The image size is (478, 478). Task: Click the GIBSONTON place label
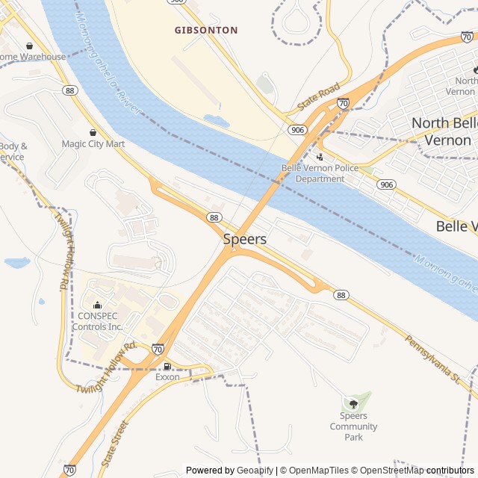coord(206,31)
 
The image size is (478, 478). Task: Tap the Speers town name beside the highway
coord(244,240)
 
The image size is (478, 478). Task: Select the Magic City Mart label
coord(93,144)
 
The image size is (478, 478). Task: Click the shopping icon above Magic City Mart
coord(93,132)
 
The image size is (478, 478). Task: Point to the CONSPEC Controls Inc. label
coord(99,321)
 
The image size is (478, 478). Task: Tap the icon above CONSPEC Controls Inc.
coord(97,305)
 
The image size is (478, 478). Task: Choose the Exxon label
coord(167,377)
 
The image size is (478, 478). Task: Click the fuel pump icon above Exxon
coord(167,366)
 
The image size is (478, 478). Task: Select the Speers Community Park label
coord(353,426)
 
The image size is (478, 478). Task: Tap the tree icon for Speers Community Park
coord(353,404)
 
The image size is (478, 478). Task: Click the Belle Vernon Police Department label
coord(320,173)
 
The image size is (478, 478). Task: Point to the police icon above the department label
coord(320,158)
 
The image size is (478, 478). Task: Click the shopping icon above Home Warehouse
coord(29,46)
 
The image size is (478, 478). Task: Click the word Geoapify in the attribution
coord(255,471)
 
